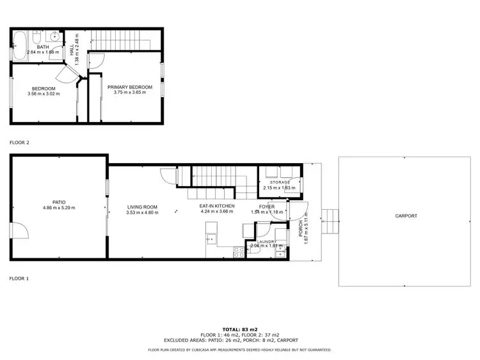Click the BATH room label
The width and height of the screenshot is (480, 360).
click(43, 47)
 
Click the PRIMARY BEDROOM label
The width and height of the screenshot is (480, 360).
click(130, 87)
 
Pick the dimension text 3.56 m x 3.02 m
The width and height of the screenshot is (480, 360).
click(43, 93)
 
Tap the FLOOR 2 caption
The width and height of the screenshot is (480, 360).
click(19, 143)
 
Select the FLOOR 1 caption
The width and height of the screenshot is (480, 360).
click(19, 279)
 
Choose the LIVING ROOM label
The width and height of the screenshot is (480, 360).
click(142, 207)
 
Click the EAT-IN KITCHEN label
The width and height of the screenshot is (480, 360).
click(217, 206)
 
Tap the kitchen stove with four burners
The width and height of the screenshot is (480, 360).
click(239, 253)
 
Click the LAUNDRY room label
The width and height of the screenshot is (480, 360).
click(262, 242)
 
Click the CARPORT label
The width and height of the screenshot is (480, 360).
click(406, 216)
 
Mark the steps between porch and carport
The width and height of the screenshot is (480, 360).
click(329, 222)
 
